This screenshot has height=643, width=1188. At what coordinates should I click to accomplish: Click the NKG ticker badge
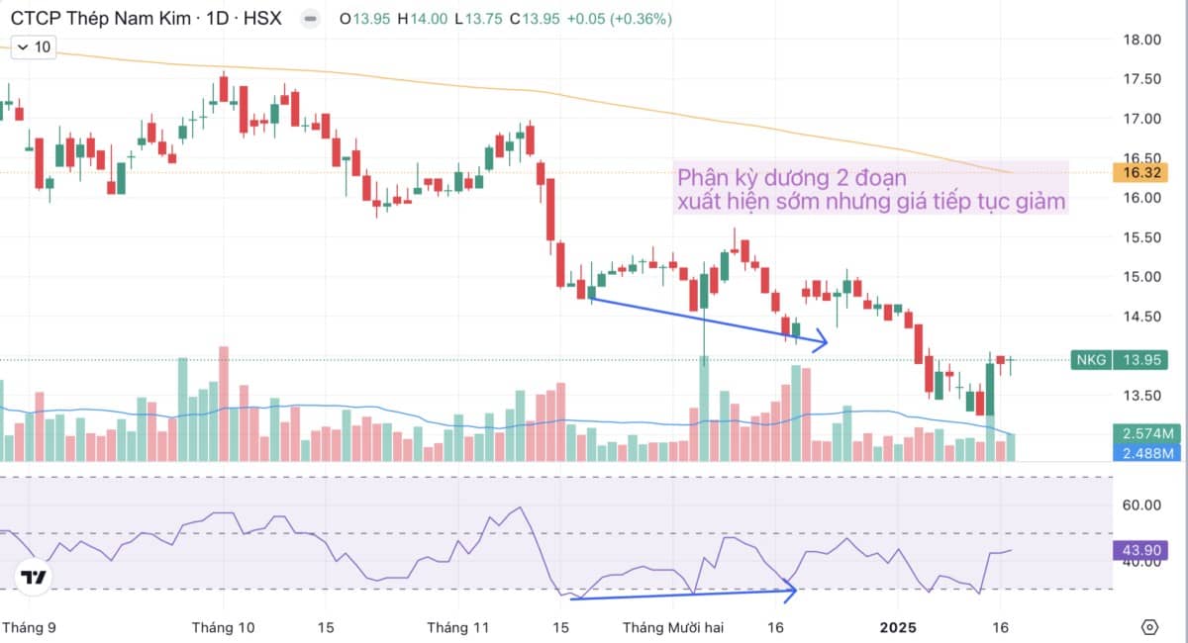[x=1092, y=360]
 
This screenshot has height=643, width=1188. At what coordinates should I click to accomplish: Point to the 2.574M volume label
[x=1147, y=433]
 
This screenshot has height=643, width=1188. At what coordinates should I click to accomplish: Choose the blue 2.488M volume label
[x=1147, y=453]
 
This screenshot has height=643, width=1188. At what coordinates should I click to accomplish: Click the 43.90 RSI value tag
[x=1144, y=550]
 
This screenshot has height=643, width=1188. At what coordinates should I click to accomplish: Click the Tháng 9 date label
[x=26, y=627]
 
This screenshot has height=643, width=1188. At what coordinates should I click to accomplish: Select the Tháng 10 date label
[x=223, y=627]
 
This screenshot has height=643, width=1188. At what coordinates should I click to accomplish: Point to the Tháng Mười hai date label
[x=673, y=627]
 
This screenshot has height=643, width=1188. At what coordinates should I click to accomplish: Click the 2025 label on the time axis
[x=898, y=627]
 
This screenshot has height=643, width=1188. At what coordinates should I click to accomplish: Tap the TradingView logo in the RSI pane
[x=34, y=578]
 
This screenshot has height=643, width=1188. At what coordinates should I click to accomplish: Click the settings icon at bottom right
[x=1149, y=627]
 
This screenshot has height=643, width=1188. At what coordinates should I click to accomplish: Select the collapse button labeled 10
[x=32, y=46]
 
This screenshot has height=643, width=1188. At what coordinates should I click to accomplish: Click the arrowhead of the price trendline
[x=823, y=343]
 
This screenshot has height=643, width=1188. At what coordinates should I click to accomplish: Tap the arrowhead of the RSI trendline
[x=792, y=592]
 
